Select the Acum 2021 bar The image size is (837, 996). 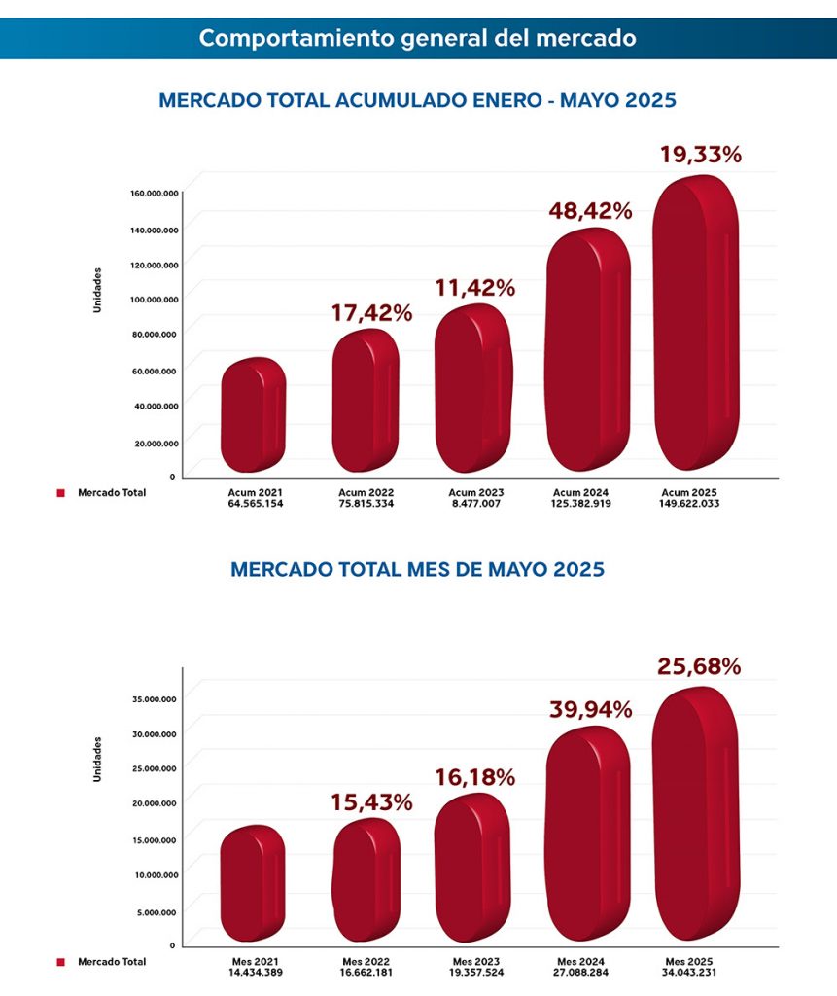(x=253, y=415)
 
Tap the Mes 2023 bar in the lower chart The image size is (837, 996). (x=472, y=869)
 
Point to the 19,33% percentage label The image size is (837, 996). (x=700, y=154)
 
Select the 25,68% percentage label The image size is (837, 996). (x=700, y=666)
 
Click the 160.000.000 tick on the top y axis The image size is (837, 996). (x=153, y=193)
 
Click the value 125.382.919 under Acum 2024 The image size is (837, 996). (x=581, y=504)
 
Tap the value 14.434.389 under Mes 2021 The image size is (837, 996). (x=255, y=973)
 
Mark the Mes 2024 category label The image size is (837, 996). (x=581, y=961)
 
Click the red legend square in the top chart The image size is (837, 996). (x=60, y=493)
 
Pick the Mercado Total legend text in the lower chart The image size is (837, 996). (x=112, y=962)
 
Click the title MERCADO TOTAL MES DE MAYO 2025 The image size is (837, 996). (x=417, y=569)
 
